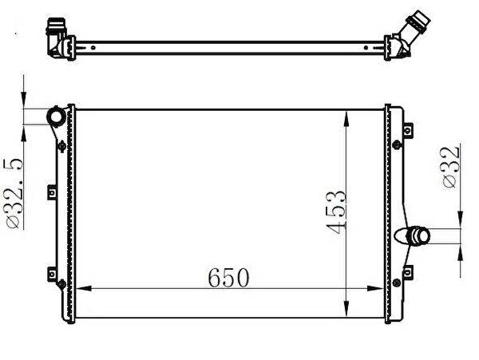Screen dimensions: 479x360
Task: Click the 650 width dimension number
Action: coord(228,278)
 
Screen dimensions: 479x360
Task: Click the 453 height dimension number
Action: coord(336,212)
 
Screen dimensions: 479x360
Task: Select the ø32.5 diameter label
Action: coord(13,193)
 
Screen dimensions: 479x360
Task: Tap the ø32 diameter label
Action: coord(450,167)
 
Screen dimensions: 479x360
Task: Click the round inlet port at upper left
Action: coord(56,117)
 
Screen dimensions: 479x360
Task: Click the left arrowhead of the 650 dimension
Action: coord(84,288)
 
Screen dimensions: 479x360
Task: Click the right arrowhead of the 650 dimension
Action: coord(375,288)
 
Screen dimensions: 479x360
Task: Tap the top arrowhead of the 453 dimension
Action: coord(346,119)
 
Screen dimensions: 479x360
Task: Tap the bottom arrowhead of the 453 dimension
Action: coord(346,309)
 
